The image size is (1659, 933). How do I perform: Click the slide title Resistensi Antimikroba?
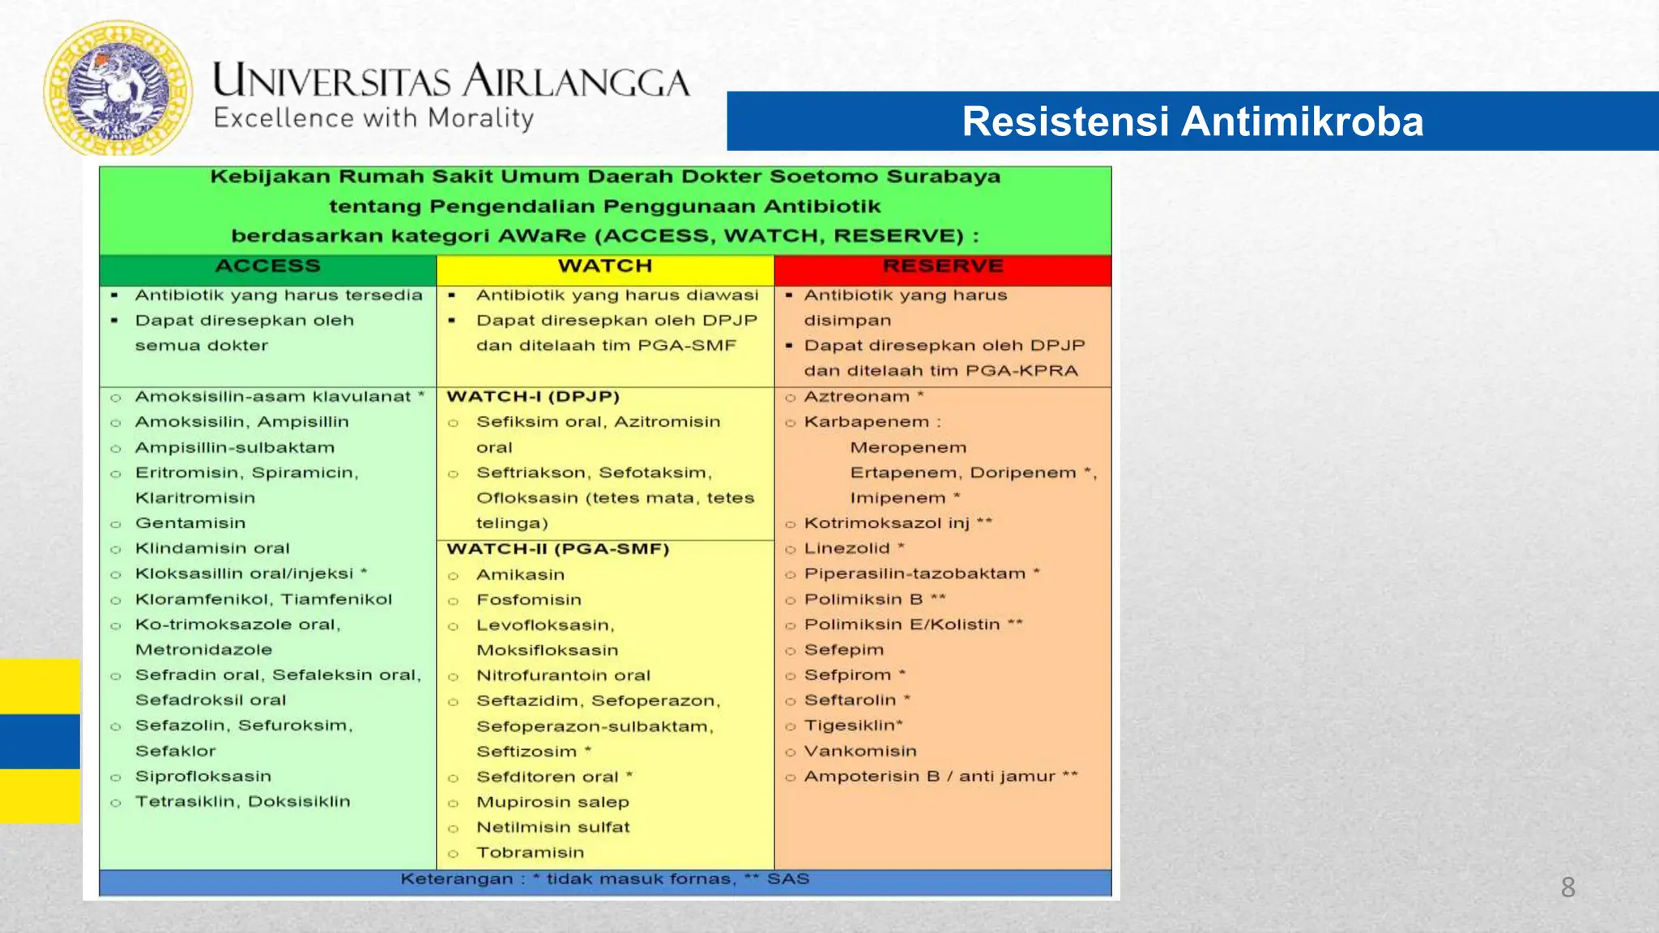coord(1192,121)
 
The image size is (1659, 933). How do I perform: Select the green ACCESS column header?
coord(267,266)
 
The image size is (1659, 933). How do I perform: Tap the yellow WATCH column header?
coord(604,266)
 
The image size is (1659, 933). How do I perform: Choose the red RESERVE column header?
coord(942,266)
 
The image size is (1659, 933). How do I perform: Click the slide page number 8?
coord(1567,888)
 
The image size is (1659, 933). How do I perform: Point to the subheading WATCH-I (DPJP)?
coord(533,397)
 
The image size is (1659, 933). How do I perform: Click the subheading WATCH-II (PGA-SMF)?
coord(558,549)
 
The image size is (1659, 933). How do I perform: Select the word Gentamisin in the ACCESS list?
coord(190,523)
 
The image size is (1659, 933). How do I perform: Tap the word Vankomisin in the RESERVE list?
coord(860,752)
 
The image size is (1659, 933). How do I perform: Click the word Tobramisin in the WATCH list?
coord(530,853)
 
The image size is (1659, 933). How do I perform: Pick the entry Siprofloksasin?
coord(203,777)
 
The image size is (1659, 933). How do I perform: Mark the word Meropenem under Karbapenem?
coord(908,448)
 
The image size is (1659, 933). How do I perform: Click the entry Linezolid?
coord(847,549)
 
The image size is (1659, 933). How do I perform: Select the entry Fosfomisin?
coord(528,600)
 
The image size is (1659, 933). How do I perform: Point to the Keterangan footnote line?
coord(604,880)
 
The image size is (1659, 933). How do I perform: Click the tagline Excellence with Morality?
coord(373,118)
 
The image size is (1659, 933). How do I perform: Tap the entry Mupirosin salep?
coord(552,803)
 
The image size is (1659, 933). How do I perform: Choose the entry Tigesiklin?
coord(852,726)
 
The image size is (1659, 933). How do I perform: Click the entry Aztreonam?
coord(857,397)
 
